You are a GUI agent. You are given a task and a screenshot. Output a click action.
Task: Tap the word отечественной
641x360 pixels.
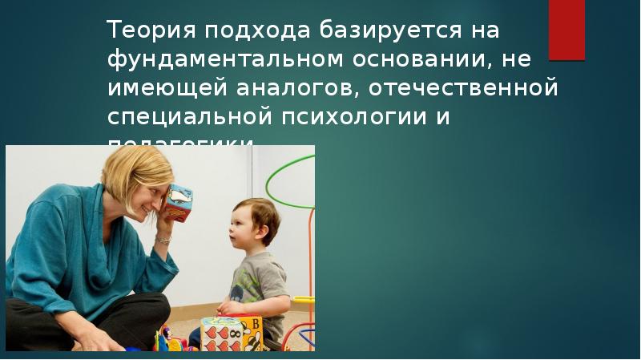(464, 87)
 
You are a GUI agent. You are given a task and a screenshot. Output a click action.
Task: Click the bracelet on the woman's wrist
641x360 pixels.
(163, 238)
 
